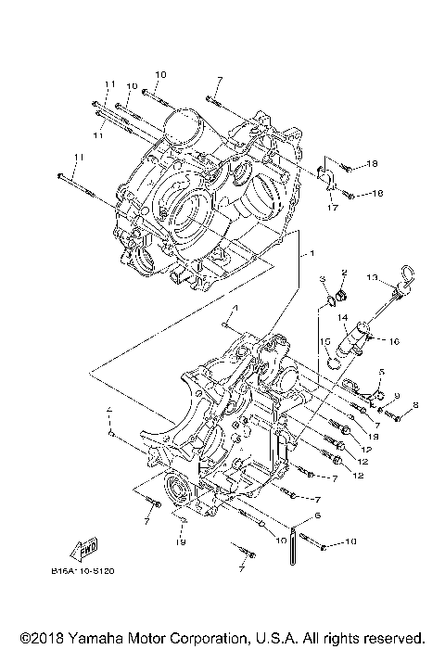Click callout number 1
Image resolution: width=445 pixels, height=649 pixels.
coord(311,253)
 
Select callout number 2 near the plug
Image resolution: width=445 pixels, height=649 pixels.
coord(343,273)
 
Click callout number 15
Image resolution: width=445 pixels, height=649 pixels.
coord(326,340)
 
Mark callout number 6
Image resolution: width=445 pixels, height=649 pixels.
coord(318,515)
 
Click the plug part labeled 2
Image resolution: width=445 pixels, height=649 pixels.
coord(340,298)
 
